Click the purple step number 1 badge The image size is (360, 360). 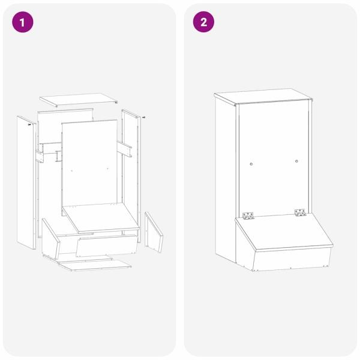coord(23,22)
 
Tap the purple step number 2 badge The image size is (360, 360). coord(203,22)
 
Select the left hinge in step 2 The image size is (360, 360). coord(248,216)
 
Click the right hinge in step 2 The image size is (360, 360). coord(301,212)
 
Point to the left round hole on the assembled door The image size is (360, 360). coord(251,164)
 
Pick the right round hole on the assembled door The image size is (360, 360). coord(296,161)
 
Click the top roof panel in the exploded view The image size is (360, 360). coord(79,100)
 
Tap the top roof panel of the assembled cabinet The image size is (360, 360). coord(263,97)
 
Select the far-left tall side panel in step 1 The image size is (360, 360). coord(26,183)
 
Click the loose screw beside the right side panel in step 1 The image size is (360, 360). coord(144,118)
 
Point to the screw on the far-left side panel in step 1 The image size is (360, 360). coord(29,125)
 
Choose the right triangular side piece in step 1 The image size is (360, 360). coord(154,232)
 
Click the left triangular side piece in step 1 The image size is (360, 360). coord(50,239)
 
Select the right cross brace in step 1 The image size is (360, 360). coord(124,149)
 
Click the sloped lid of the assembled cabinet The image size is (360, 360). coord(284,232)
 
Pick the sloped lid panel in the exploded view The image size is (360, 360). coord(101,218)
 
